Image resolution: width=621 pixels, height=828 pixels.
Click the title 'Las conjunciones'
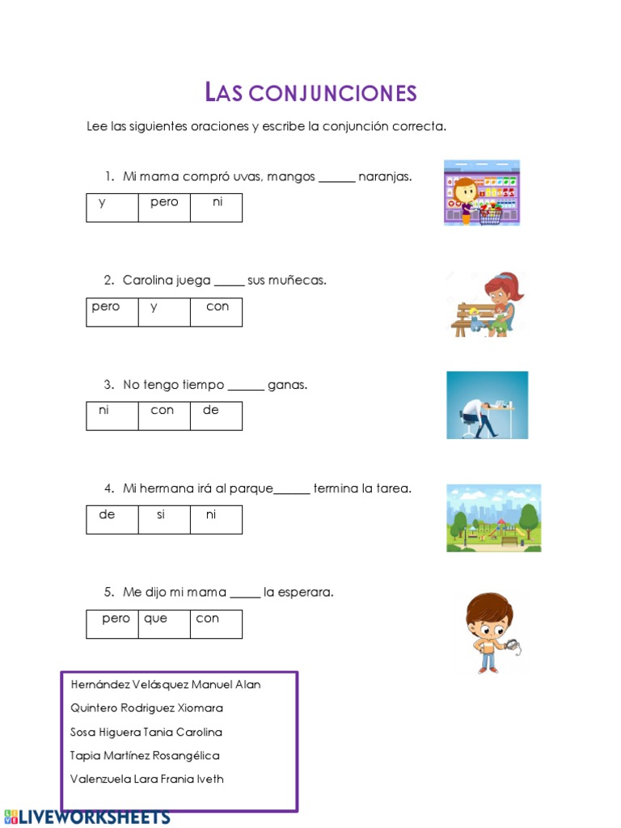pyautogui.click(x=311, y=93)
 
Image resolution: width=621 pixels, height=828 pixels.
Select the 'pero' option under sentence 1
pyautogui.click(x=164, y=203)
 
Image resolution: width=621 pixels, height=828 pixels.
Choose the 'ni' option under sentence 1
pyautogui.click(x=217, y=203)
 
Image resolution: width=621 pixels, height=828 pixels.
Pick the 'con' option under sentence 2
pyautogui.click(x=217, y=307)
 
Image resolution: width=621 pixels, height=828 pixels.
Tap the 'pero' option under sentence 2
pyautogui.click(x=106, y=307)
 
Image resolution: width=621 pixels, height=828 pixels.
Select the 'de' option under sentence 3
pyautogui.click(x=211, y=411)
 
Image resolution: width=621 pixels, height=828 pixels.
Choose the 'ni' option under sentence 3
pyautogui.click(x=104, y=411)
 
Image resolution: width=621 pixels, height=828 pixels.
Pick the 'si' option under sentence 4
pyautogui.click(x=161, y=515)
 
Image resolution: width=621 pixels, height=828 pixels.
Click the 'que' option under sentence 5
pyautogui.click(x=155, y=619)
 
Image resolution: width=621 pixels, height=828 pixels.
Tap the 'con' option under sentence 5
pyautogui.click(x=208, y=619)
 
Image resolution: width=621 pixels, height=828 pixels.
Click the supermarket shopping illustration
pyautogui.click(x=481, y=192)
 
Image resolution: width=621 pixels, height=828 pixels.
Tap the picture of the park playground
pyautogui.click(x=493, y=517)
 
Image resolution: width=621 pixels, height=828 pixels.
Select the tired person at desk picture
pyautogui.click(x=487, y=405)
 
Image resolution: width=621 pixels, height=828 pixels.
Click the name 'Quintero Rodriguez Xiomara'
pyautogui.click(x=147, y=708)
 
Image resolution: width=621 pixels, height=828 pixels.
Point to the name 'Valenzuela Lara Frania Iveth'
pyautogui.click(x=147, y=779)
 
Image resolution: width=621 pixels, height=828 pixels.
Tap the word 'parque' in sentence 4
pyautogui.click(x=252, y=489)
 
